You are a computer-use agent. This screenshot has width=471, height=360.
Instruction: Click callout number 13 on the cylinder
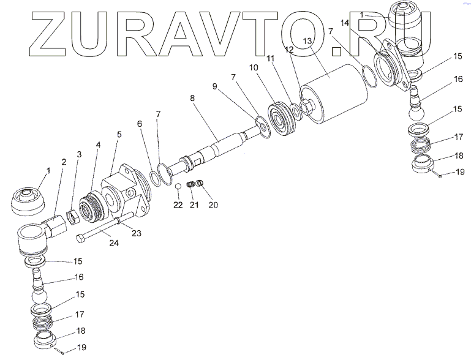[x=307, y=40]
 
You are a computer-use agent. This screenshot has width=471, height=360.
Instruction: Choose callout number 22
[x=178, y=205]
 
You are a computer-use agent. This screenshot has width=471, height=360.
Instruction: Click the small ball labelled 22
[x=178, y=187]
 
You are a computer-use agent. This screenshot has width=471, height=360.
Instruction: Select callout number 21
[x=194, y=205]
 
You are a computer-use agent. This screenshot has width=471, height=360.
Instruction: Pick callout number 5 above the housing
[x=119, y=134]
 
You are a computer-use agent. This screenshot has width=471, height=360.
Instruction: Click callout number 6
[x=140, y=123]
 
